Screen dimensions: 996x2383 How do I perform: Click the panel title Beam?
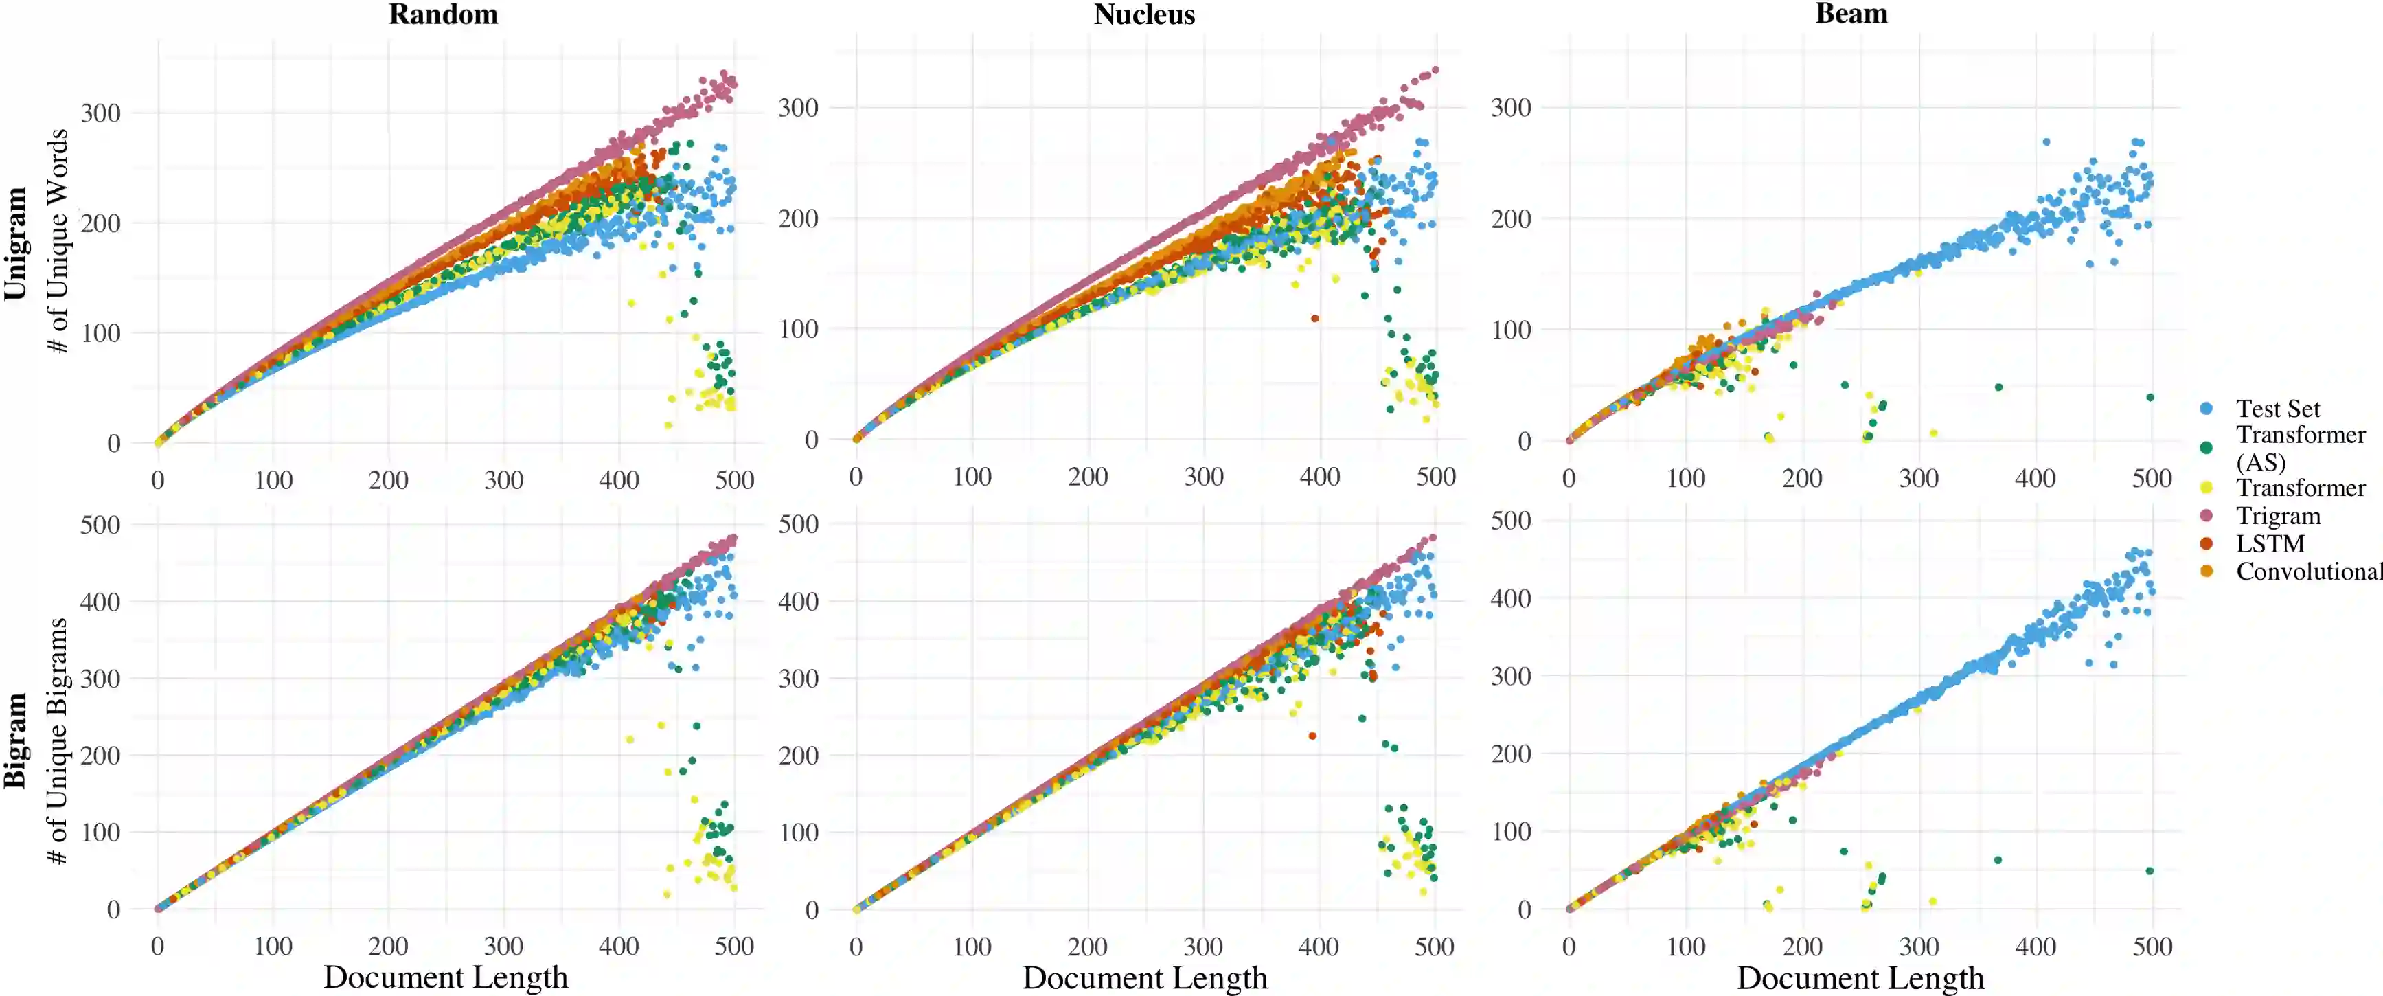1851,14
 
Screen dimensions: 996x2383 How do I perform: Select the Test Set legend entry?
2277,408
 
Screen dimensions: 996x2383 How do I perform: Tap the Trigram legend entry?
2277,516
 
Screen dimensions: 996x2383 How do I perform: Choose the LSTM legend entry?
2270,543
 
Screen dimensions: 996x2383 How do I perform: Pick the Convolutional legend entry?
2307,571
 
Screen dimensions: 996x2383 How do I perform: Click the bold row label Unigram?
16,243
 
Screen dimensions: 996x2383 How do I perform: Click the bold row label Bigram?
16,740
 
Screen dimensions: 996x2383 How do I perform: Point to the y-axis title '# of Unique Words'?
58,240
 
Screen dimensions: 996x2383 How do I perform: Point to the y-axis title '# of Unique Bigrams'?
58,740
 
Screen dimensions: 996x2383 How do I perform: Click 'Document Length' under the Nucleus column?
1144,977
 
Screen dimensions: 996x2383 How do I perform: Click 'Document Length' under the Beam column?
1860,977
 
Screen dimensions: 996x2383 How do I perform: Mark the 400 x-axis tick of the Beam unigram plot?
2036,479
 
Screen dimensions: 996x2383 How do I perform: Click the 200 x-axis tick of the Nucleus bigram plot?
1087,946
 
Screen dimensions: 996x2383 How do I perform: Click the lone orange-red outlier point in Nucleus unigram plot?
1314,319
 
